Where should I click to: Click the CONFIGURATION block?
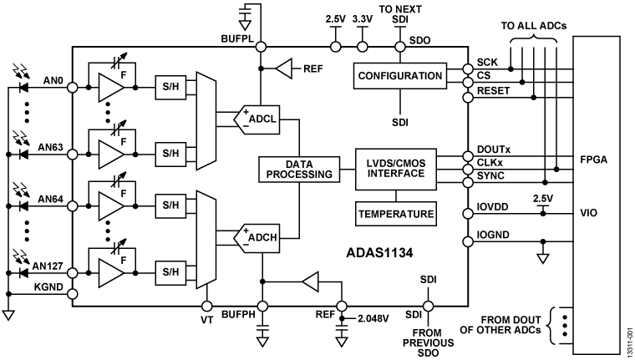pos(399,76)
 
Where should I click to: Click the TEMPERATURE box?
pos(396,214)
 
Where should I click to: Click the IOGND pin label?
pos(494,236)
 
